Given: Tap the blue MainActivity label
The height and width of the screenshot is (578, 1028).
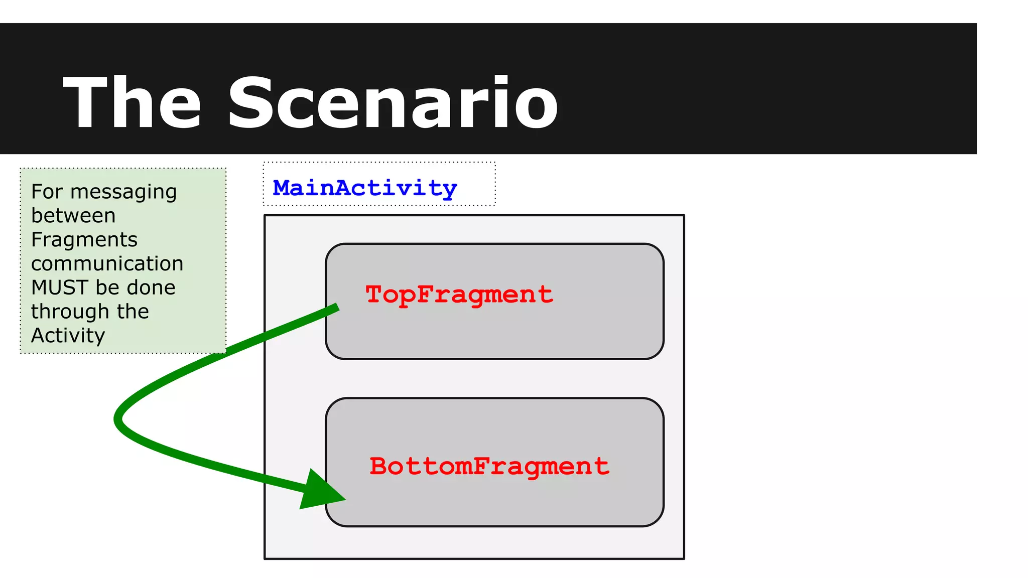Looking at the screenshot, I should (365, 188).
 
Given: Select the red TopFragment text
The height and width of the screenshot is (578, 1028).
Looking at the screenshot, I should (459, 295).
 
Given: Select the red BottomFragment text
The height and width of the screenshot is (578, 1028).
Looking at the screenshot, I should (489, 466).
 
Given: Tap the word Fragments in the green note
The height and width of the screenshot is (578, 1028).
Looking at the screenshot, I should (84, 240).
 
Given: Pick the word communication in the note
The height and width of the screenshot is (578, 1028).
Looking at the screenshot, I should (107, 264).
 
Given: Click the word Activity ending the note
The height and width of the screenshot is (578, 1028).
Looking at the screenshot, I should (68, 336).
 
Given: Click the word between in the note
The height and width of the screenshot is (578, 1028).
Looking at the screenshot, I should (73, 216).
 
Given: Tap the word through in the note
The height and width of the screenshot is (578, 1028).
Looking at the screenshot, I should (70, 312).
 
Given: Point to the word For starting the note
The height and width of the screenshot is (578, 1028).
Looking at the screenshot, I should (47, 192).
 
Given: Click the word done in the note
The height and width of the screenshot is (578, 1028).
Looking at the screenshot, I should (151, 287).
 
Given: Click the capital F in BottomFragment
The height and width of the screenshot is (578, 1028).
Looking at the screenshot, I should (481, 466).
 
